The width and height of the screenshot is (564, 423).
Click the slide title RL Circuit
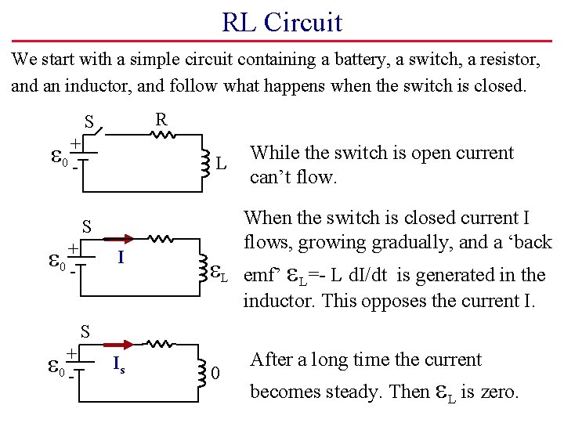tap(282, 21)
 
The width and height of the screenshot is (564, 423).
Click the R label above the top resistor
tap(161, 119)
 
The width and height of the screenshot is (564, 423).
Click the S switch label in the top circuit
tap(89, 122)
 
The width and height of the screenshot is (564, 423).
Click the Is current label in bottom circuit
tap(117, 363)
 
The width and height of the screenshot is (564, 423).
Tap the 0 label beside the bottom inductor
tap(215, 374)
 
